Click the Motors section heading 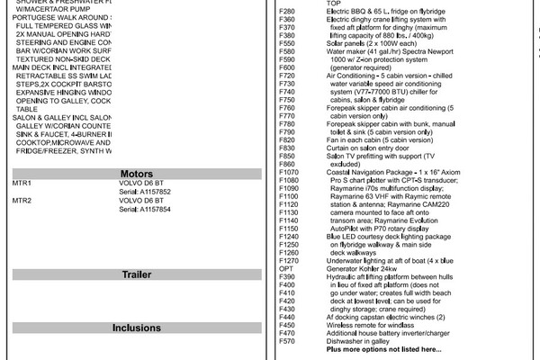pos(137,174)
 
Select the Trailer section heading pos(137,274)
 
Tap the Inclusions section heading pos(137,328)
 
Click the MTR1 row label pos(22,183)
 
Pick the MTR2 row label pos(22,200)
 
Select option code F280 pos(288,11)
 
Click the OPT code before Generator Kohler pos(287,267)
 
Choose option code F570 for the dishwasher pos(288,340)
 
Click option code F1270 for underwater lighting pos(291,259)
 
